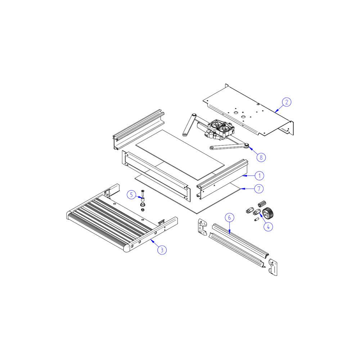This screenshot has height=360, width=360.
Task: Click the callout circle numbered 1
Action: click(260, 176)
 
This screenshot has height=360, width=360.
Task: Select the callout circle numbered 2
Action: click(287, 102)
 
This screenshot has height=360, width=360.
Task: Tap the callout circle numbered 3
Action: click(162, 250)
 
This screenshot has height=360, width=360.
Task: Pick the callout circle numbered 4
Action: click(268, 227)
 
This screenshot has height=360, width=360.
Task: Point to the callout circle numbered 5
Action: click(131, 195)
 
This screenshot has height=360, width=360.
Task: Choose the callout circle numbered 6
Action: click(229, 217)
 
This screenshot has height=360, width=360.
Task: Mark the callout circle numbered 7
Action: click(259, 189)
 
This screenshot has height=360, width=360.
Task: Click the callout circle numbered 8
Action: click(261, 158)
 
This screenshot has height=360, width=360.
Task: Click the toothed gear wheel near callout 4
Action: click(268, 213)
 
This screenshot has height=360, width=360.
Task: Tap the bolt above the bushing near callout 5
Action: click(143, 193)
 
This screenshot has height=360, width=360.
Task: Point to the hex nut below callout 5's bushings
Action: click(143, 210)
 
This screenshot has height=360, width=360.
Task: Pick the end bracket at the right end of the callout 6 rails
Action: click(273, 267)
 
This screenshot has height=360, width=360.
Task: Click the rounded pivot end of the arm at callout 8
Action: click(247, 145)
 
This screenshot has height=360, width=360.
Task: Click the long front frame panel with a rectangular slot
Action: click(156, 176)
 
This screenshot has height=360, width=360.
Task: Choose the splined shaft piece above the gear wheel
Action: click(262, 204)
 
